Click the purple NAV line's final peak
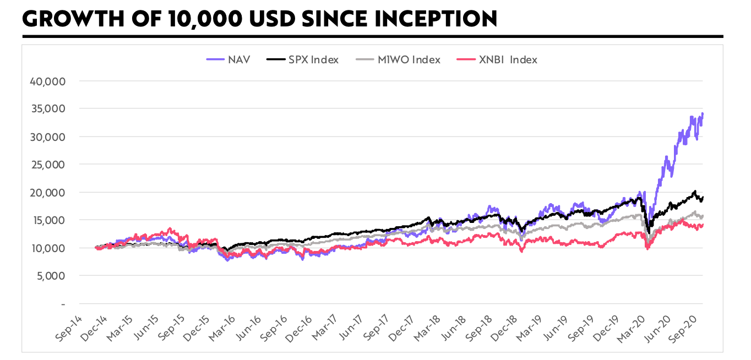[703, 113]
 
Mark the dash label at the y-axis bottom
[63, 304]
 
